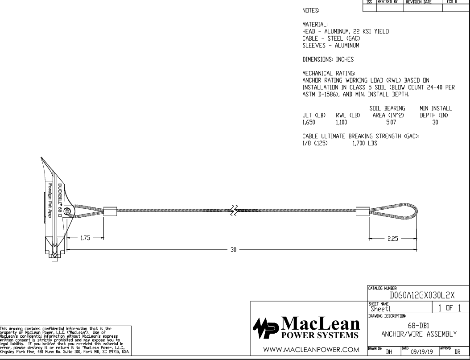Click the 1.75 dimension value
click(x=86, y=238)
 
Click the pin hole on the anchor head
click(x=67, y=211)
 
